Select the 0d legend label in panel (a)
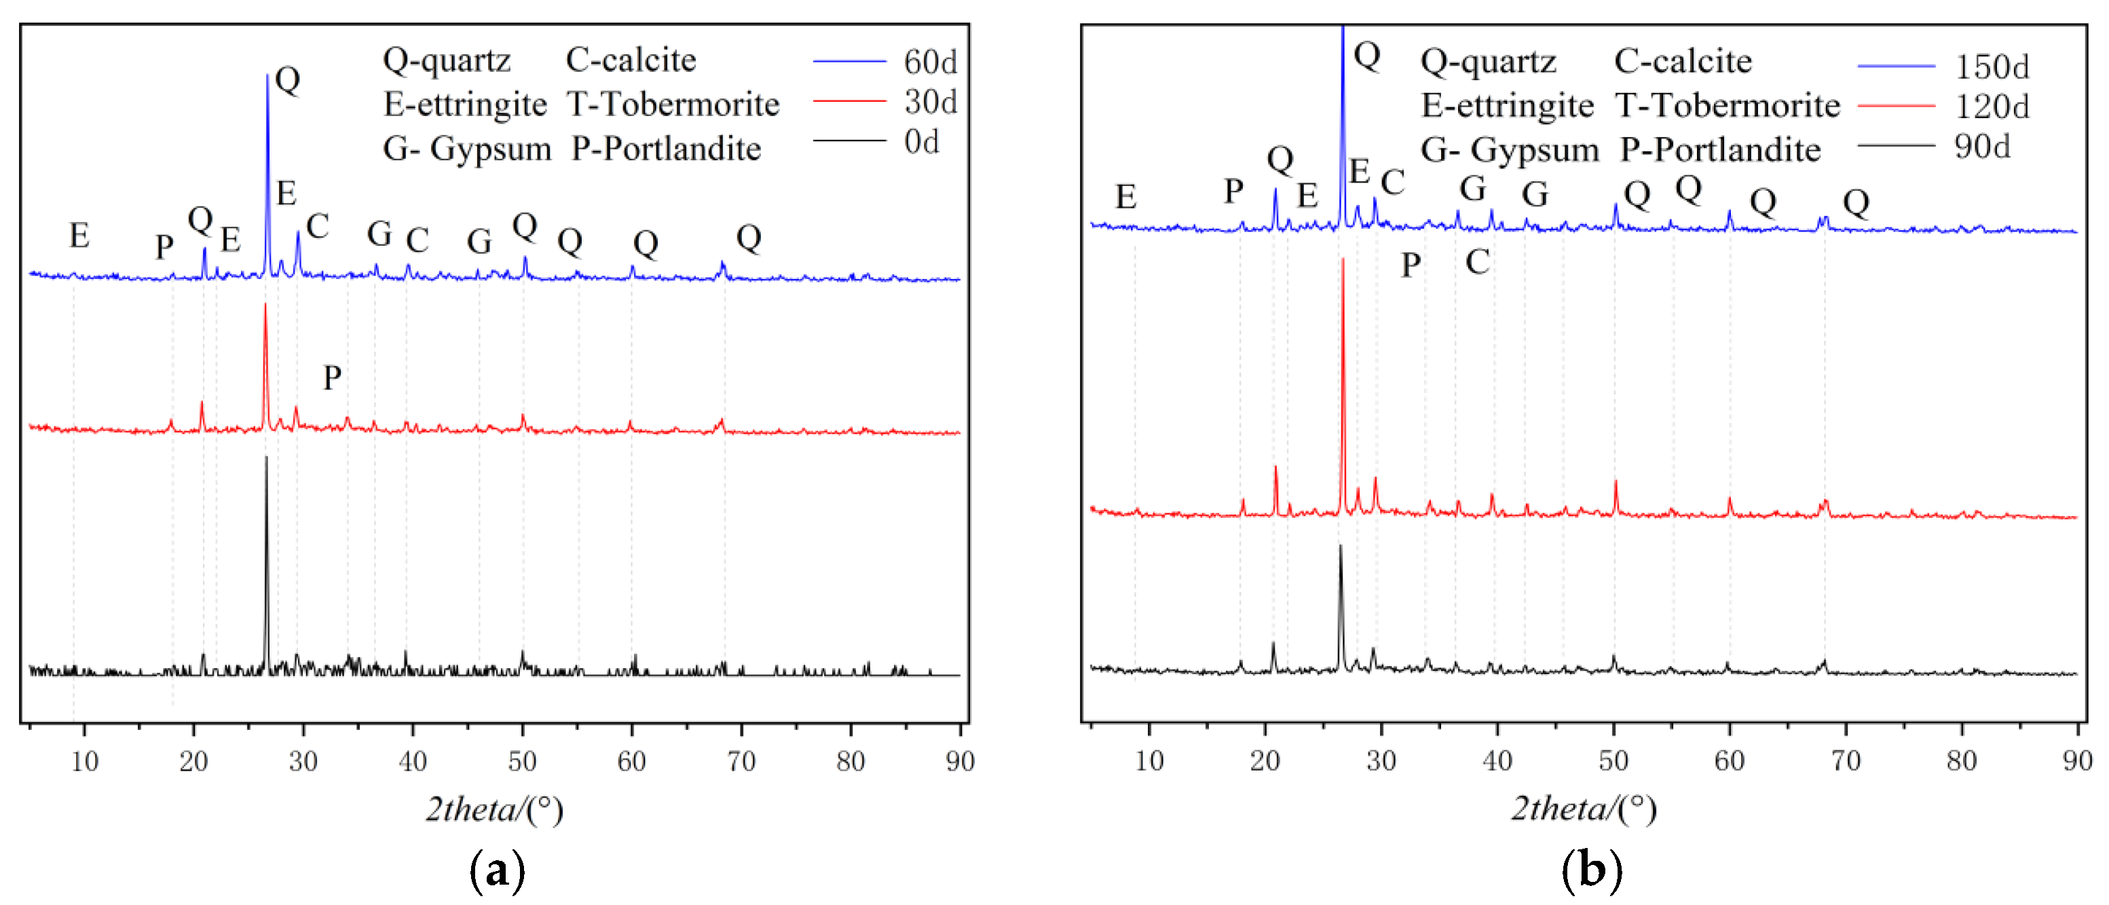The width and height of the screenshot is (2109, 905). [x=921, y=143]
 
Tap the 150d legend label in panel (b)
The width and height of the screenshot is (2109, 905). [x=1992, y=67]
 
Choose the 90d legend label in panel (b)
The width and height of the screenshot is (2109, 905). [x=1982, y=147]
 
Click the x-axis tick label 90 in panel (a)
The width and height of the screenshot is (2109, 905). [x=960, y=762]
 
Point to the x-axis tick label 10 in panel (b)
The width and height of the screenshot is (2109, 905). [x=1149, y=761]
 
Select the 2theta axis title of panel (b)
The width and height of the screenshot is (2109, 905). [x=1584, y=809]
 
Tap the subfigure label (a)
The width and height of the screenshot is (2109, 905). [x=497, y=870]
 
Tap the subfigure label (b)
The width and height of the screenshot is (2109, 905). [x=1591, y=870]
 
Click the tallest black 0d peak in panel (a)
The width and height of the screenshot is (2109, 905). [x=266, y=459]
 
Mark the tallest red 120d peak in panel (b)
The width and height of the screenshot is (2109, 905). [x=1343, y=261]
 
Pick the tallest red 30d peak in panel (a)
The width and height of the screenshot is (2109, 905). [x=265, y=306]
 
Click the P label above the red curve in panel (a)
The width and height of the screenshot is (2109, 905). [x=331, y=377]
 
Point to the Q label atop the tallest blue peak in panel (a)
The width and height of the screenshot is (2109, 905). [x=287, y=79]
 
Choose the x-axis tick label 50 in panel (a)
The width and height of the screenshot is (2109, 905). [x=523, y=762]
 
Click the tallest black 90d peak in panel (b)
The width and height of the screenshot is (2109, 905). [x=1340, y=547]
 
